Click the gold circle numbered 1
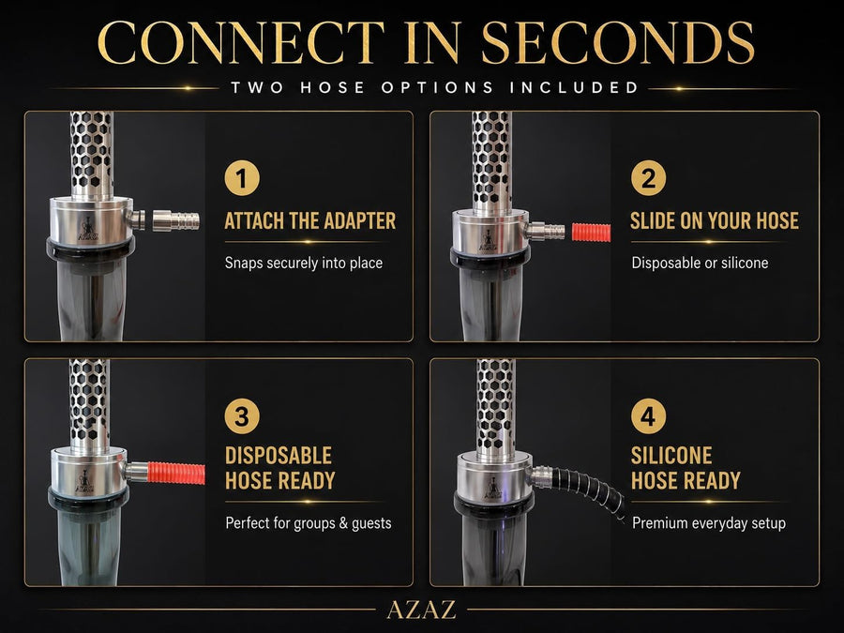point(242,178)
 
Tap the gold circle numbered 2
point(648,178)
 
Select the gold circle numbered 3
point(242,416)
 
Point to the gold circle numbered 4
point(648,416)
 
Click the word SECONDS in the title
point(617,43)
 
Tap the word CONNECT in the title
point(241,43)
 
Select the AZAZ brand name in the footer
point(421,610)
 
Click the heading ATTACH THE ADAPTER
point(310,220)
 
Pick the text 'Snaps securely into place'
point(304,264)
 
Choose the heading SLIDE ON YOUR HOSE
point(715,220)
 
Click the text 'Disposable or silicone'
point(700,264)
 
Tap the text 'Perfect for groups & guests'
point(309,523)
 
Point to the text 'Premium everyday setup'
point(709,523)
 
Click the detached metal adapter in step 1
point(176,220)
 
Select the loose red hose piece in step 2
point(591,232)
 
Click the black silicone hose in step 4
point(589,489)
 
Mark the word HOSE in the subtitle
point(332,87)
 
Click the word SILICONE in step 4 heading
point(671,456)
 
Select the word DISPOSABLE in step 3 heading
point(279,456)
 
